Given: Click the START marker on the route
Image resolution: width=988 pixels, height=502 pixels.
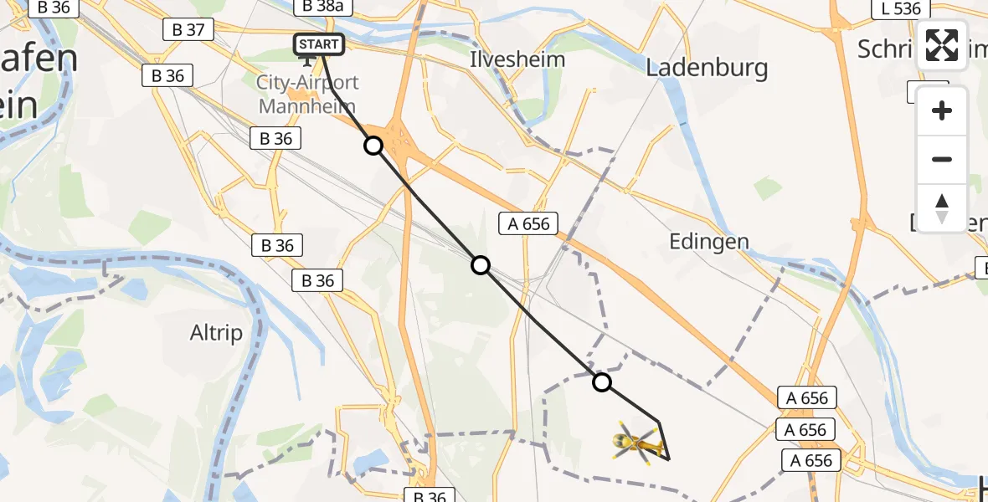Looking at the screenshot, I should click(x=319, y=44).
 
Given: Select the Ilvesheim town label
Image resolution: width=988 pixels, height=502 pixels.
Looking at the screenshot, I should click(x=517, y=59).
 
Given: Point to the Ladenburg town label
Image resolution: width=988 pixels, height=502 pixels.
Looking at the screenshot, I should click(x=708, y=68).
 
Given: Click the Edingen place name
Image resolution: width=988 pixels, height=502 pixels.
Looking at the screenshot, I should click(x=709, y=242).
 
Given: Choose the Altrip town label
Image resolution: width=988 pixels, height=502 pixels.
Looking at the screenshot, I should click(x=216, y=333).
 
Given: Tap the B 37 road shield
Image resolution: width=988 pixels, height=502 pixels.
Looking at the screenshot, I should click(x=188, y=30).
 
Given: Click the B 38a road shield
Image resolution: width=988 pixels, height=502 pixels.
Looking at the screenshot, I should click(x=325, y=8).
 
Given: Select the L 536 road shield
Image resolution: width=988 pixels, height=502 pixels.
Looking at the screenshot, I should click(x=901, y=9).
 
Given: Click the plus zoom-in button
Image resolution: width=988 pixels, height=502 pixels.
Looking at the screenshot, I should click(x=942, y=110).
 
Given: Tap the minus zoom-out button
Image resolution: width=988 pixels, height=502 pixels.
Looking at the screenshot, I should click(x=942, y=159).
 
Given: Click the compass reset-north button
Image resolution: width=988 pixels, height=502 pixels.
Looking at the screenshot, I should click(x=942, y=207).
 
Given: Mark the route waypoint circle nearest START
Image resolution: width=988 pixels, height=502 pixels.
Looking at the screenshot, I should click(x=373, y=146).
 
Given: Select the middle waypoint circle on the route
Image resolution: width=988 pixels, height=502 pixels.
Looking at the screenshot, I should click(x=481, y=265).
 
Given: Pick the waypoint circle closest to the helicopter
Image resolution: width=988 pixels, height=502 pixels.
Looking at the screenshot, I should click(x=602, y=382).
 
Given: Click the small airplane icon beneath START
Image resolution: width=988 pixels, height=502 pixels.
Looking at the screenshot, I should click(x=307, y=60).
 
